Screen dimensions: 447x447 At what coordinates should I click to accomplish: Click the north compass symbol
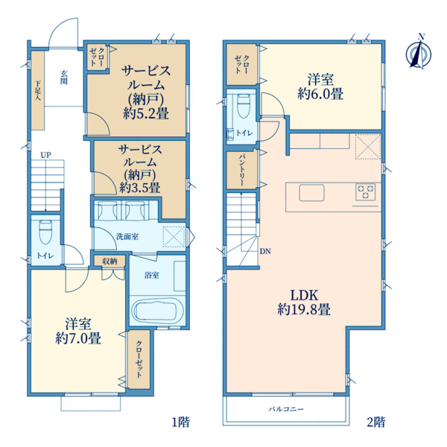pos(419,52)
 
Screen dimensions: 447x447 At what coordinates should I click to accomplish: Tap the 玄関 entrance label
pos(64,77)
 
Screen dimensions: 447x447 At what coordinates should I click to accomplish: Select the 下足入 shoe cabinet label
pos(38,90)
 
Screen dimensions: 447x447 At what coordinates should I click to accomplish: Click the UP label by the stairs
pos(46,155)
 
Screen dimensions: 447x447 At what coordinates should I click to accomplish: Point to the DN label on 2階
pos(265,252)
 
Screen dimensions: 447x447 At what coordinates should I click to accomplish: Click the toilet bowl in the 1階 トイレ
pos(45,232)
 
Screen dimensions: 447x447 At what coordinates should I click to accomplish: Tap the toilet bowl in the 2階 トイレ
pos(243,106)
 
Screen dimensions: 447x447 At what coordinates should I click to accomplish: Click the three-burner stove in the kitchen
pos(366,191)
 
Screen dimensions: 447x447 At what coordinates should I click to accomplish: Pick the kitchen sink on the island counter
pos(311,193)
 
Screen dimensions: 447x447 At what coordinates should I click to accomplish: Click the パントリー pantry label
pos(241,170)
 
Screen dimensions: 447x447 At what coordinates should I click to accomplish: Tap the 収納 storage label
pos(110,261)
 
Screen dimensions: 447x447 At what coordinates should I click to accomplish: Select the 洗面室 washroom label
pos(127,236)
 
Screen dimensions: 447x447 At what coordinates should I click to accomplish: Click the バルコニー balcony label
pos(286,409)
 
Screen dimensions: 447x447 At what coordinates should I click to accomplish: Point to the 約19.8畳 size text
pos(304,310)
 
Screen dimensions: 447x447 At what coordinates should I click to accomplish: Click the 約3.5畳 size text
pos(140,188)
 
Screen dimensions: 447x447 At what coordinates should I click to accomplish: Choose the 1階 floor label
pos(180,422)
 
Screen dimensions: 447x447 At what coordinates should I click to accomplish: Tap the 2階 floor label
pos(376,422)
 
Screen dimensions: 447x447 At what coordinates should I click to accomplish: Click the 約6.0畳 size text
pos(320,94)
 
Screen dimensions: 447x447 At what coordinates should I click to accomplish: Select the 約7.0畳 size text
pos(78,339)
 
